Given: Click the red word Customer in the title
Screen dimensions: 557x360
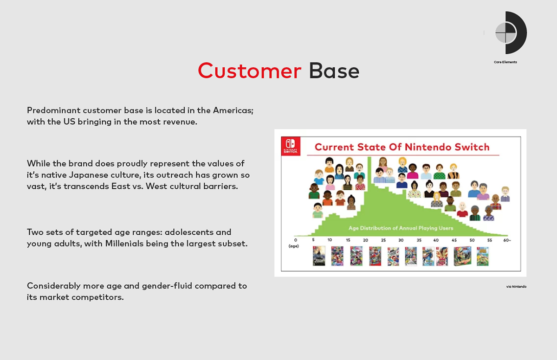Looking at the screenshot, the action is point(249,71).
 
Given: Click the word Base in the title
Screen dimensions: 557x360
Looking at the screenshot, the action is point(334,71).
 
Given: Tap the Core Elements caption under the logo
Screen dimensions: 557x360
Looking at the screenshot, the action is point(505,62).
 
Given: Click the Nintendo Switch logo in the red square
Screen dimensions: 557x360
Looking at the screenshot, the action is point(291,146).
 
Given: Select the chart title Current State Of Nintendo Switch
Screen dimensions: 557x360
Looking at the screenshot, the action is point(402,147).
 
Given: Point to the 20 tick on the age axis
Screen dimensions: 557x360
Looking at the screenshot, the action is point(365,240).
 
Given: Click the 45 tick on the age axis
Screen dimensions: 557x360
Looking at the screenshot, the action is point(454,240).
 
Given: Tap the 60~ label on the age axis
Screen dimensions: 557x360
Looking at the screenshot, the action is point(507,240).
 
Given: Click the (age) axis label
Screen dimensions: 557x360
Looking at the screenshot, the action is point(294,246).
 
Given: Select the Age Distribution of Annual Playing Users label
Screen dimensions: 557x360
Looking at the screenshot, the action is point(401,228).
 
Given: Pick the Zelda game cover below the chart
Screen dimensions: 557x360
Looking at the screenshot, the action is point(319,256).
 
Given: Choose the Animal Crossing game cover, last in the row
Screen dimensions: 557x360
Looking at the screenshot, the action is point(483,256).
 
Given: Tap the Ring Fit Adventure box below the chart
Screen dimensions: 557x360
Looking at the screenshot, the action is point(462,256).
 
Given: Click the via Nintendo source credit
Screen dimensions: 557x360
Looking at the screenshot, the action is point(516,286).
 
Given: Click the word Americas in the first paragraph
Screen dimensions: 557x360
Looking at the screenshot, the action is point(233,110).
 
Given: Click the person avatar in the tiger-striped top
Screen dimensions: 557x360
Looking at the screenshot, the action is point(453,171).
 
